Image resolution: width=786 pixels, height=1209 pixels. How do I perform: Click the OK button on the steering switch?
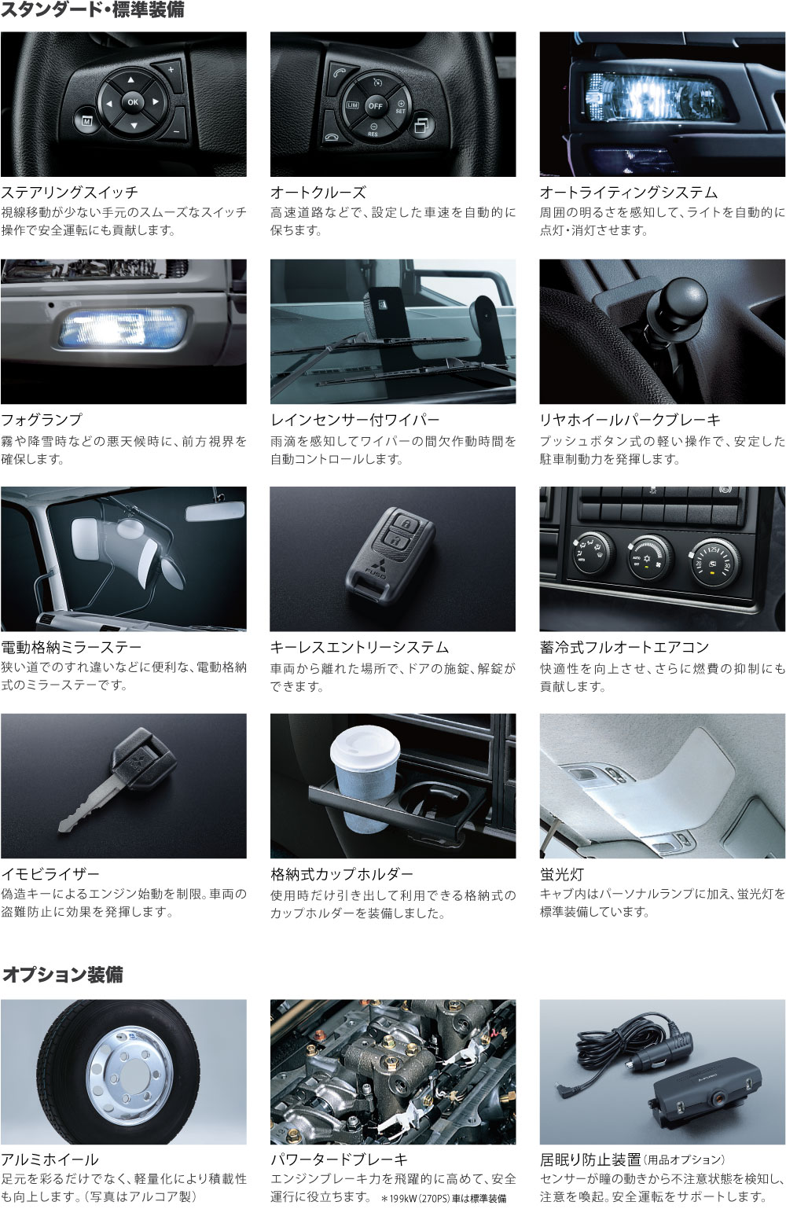[133, 102]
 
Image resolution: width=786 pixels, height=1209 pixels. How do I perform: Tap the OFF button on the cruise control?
[375, 106]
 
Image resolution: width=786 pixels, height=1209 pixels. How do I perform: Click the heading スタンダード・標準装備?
[92, 10]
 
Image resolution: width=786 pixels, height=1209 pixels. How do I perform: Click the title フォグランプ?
[42, 419]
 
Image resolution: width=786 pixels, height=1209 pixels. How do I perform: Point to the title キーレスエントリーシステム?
[359, 647]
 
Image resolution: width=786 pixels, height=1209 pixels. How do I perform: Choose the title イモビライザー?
[50, 873]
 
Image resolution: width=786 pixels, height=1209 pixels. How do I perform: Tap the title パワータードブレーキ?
[339, 1159]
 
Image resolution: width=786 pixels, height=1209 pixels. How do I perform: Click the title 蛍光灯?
[562, 874]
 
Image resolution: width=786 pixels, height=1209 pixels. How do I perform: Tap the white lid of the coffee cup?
[365, 744]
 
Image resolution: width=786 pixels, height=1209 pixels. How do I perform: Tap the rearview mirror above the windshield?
[215, 511]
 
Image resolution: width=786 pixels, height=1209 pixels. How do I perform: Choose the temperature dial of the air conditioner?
[715, 560]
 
